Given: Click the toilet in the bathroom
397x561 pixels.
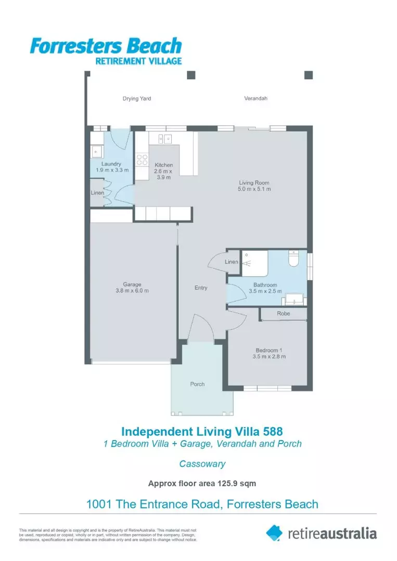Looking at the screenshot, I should (x=293, y=258).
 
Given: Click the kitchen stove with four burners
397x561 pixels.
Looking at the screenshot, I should (x=143, y=161).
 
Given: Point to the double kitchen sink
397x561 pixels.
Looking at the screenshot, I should (x=165, y=139).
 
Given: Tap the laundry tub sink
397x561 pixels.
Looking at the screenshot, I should (x=96, y=151).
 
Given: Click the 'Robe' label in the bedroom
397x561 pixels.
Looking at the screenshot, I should (x=284, y=314).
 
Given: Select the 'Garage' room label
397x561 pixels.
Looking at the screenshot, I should (x=132, y=284).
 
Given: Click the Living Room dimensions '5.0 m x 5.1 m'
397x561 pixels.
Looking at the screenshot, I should (x=254, y=189).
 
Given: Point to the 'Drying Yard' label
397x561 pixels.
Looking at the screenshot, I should (x=137, y=98).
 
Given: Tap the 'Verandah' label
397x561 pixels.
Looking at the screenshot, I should (x=255, y=98).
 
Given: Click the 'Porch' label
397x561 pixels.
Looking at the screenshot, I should (x=197, y=384).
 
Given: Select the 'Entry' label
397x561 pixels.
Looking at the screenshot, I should (x=201, y=288).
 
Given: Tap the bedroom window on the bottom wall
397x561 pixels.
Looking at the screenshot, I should (x=267, y=388).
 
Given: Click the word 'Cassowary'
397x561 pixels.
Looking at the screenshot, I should (x=202, y=464).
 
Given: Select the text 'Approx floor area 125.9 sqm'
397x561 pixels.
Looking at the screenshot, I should (x=202, y=484).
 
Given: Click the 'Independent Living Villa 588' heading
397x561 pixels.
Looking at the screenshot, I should (x=202, y=431).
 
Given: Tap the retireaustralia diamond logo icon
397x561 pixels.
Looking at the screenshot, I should (x=274, y=532).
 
